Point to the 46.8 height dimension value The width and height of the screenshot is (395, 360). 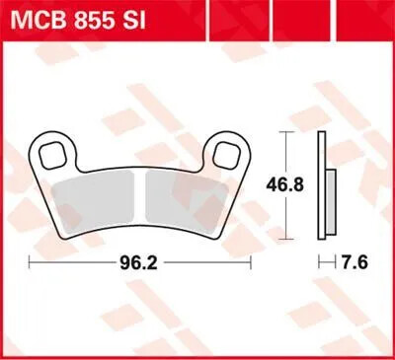pyautogui.click(x=285, y=184)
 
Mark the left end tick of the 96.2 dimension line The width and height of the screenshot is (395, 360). pyautogui.click(x=31, y=263)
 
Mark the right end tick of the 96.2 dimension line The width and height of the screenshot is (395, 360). pyautogui.click(x=253, y=263)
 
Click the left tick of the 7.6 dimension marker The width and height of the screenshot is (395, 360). pyautogui.click(x=319, y=263)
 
